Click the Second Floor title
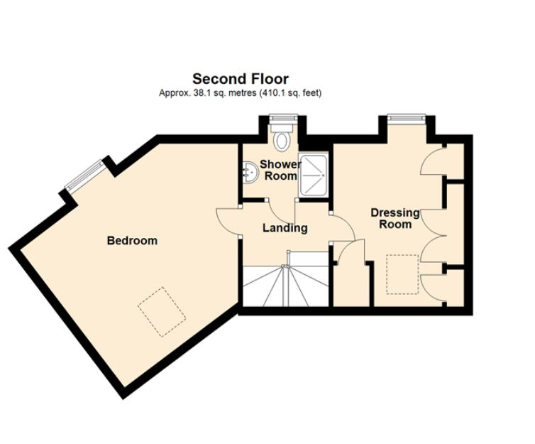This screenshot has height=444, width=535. [x=241, y=79]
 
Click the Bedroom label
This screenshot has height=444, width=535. [x=132, y=241]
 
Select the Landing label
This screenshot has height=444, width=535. [x=285, y=228]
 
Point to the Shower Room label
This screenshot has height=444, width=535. [x=280, y=170]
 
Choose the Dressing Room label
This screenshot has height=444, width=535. [x=395, y=218]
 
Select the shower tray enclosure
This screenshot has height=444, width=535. [x=312, y=174]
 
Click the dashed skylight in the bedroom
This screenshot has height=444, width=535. [x=161, y=311]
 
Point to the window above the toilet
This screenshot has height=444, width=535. [x=282, y=118]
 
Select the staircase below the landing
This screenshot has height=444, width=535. [x=284, y=283]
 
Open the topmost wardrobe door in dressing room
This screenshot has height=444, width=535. [x=432, y=161]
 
